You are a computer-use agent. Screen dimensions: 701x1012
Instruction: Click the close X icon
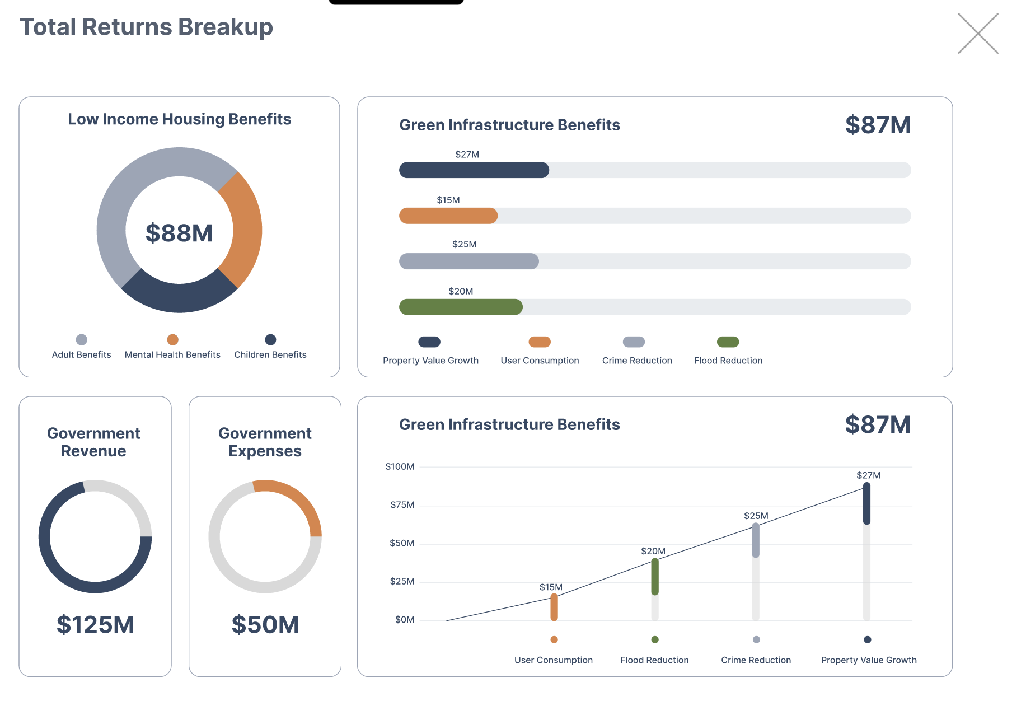pyautogui.click(x=978, y=34)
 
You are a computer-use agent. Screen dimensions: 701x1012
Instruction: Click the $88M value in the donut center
pyautogui.click(x=179, y=233)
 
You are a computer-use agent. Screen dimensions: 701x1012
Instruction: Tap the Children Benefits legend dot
pyautogui.click(x=270, y=339)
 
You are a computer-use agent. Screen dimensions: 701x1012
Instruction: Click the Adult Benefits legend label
pyautogui.click(x=81, y=354)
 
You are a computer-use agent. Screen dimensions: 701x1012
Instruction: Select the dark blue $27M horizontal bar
pyautogui.click(x=474, y=170)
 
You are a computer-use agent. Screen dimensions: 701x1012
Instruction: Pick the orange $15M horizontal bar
pyautogui.click(x=448, y=216)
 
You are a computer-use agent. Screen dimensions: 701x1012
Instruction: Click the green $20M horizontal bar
pyautogui.click(x=460, y=307)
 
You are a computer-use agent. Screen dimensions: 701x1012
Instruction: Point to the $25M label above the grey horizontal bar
pyautogui.click(x=464, y=244)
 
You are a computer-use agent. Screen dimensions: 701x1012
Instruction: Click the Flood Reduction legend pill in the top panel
pyautogui.click(x=728, y=342)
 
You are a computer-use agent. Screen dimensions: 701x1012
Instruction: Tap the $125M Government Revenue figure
pyautogui.click(x=95, y=624)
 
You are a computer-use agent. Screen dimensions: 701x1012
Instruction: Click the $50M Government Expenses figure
pyautogui.click(x=265, y=624)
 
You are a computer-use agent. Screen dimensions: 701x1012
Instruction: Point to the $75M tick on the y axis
pyautogui.click(x=402, y=505)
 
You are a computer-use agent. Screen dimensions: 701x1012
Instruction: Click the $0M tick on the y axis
pyautogui.click(x=404, y=619)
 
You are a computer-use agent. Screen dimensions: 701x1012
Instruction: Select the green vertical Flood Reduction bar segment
pyautogui.click(x=655, y=577)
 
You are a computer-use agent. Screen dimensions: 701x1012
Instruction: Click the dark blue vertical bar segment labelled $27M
pyautogui.click(x=866, y=503)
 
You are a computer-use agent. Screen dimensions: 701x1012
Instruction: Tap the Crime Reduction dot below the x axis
pyautogui.click(x=756, y=639)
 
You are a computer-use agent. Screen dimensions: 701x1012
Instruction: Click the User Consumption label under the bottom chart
pyautogui.click(x=553, y=660)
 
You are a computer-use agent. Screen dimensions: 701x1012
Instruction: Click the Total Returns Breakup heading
pyautogui.click(x=146, y=27)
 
